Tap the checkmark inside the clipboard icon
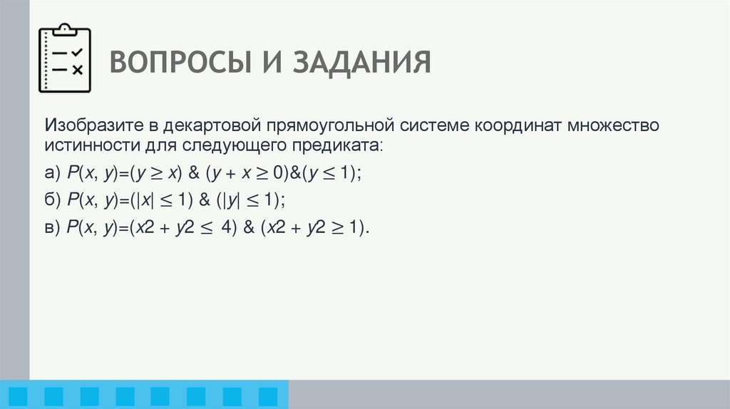coord(78,52)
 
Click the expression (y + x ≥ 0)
coord(247,174)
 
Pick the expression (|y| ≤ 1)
coord(254,200)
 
